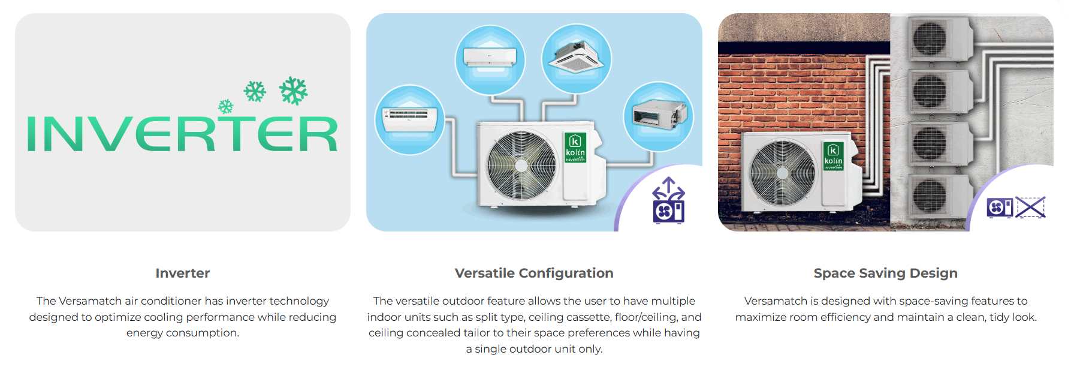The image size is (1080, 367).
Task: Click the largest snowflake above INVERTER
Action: click(293, 91)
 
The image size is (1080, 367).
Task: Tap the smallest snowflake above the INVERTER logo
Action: click(225, 107)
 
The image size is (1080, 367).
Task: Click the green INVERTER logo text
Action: click(182, 133)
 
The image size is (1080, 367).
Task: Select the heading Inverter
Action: click(183, 273)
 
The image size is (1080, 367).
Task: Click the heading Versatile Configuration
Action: click(534, 273)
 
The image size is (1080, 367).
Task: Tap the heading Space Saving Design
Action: click(886, 273)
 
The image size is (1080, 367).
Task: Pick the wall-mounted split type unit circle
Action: click(490, 59)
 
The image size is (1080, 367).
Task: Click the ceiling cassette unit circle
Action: click(577, 58)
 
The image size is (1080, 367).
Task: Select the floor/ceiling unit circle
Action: click(410, 120)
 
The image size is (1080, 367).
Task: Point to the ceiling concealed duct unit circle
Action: click(659, 116)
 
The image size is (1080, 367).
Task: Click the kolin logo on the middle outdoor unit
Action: click(575, 148)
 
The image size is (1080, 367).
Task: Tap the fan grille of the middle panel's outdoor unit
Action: click(521, 165)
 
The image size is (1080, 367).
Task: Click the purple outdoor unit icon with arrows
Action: click(668, 200)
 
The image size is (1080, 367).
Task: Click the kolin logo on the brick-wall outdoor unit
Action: click(833, 156)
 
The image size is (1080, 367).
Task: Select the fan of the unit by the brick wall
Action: click(783, 173)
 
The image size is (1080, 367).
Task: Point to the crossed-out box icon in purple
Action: click(1030, 207)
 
